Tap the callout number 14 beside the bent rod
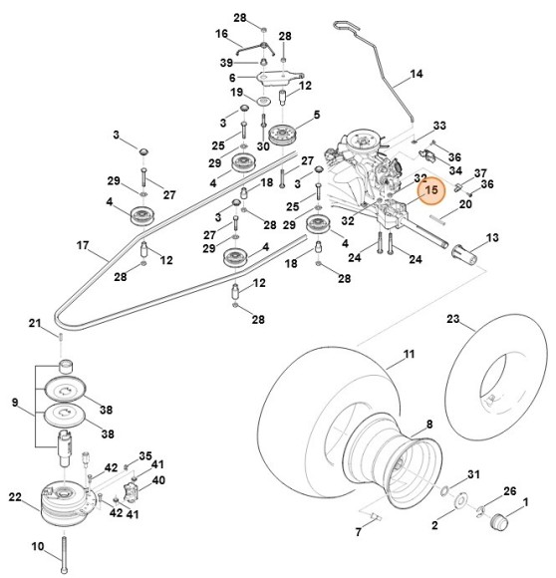pos(417,75)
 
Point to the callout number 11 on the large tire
pos(409,355)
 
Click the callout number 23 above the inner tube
pos(452,320)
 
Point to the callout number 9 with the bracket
pos(13,404)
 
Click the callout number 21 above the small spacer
pos(33,324)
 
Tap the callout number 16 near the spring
pos(222,33)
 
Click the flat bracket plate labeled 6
pos(269,78)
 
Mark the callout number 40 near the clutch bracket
pos(157,478)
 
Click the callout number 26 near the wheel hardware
pos(510,491)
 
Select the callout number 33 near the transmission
pos(439,126)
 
